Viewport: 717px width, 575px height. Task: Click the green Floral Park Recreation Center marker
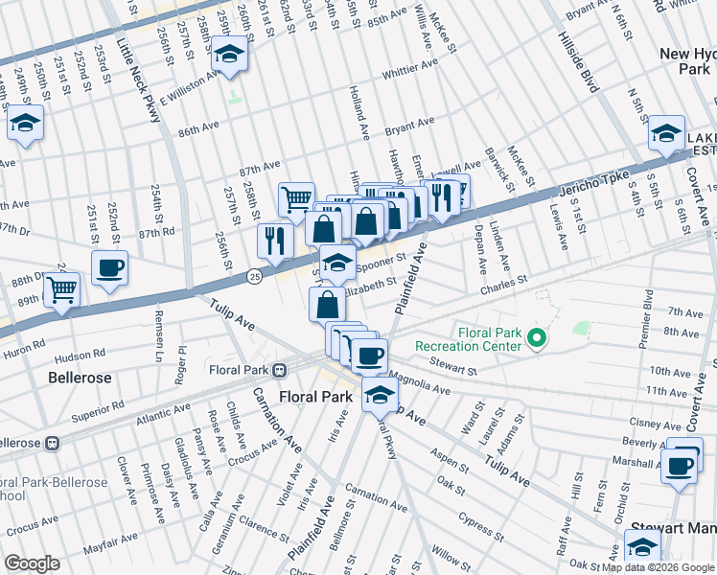point(538,337)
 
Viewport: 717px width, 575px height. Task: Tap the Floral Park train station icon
point(279,370)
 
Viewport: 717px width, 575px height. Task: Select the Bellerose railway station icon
point(55,444)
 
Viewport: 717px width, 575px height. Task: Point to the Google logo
point(33,563)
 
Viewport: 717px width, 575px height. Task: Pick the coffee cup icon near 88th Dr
point(108,267)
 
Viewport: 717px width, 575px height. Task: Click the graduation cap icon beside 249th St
point(25,124)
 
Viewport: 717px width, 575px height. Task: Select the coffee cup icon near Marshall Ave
point(680,467)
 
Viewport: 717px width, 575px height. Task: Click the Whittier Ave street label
point(409,73)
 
